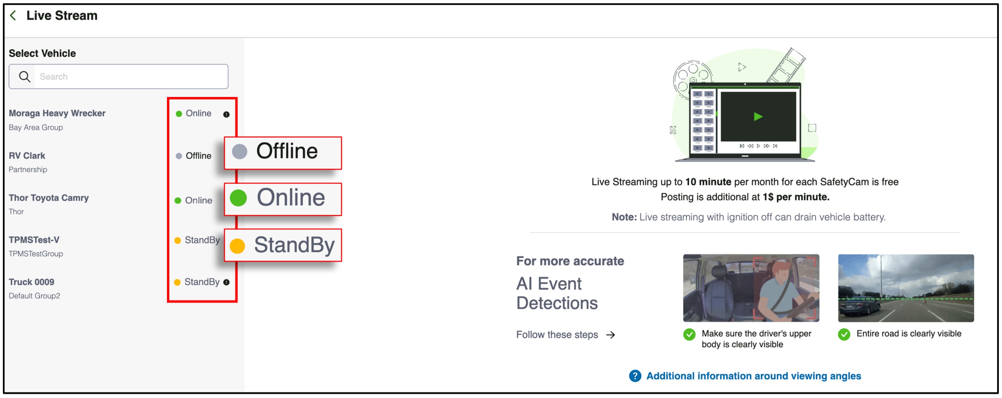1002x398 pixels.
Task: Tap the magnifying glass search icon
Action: pos(24,77)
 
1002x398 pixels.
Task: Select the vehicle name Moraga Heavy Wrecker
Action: pos(57,113)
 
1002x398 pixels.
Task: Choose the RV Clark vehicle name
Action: pos(27,155)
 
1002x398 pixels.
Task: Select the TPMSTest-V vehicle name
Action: pos(34,240)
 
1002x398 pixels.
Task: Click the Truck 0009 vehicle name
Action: pos(32,282)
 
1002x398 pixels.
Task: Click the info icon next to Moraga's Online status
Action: pos(226,114)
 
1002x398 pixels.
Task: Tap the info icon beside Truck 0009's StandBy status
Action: pos(226,282)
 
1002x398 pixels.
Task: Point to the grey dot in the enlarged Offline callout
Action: pos(240,152)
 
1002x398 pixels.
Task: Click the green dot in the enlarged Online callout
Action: pos(238,198)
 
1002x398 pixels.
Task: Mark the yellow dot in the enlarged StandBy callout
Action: pos(237,246)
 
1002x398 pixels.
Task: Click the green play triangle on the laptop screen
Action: pos(758,117)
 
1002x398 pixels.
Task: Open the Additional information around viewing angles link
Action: pos(753,376)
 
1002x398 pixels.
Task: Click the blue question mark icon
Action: pos(635,376)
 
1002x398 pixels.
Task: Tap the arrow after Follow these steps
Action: pos(611,335)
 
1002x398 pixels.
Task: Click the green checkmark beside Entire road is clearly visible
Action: pos(844,334)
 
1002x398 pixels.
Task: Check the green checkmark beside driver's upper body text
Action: pos(689,334)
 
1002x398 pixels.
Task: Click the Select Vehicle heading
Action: pos(42,53)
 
